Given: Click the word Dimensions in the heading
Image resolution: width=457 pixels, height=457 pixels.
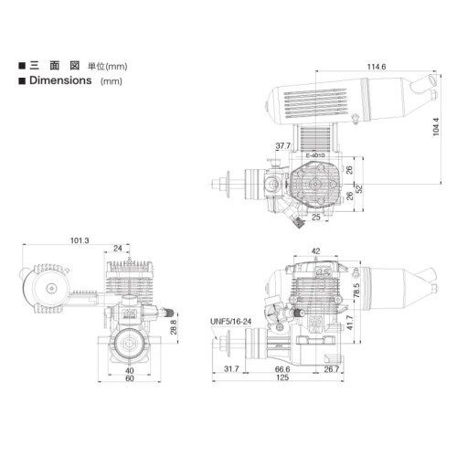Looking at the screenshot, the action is [x=60, y=80].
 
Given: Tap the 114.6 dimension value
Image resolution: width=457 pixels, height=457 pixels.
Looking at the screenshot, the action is [x=377, y=67].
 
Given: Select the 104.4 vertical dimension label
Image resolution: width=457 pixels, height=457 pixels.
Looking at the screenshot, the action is [x=436, y=126].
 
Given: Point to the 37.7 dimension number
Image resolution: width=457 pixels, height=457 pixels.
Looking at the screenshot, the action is [x=283, y=146].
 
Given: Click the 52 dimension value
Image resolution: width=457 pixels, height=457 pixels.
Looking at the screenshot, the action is [x=359, y=189].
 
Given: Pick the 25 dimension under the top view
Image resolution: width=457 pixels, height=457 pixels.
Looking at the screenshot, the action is [x=316, y=217].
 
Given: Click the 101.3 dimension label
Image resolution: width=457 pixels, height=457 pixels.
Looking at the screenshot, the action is [x=80, y=240].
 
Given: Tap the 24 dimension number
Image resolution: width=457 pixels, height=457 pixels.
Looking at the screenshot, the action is [x=118, y=249].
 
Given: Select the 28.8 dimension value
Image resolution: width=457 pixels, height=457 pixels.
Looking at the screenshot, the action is [x=174, y=327].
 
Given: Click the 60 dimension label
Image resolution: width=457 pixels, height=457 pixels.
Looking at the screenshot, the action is [x=130, y=378].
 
